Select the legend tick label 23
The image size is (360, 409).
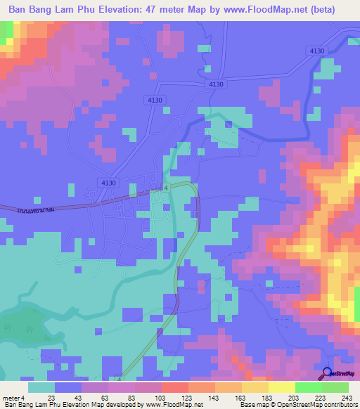52,398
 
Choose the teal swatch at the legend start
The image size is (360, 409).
41,387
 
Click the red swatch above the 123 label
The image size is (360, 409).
174,387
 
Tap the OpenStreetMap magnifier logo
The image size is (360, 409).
327,374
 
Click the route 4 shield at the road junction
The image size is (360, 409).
166,188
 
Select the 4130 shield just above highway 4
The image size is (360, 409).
108,182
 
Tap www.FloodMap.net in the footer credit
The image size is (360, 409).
176,405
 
